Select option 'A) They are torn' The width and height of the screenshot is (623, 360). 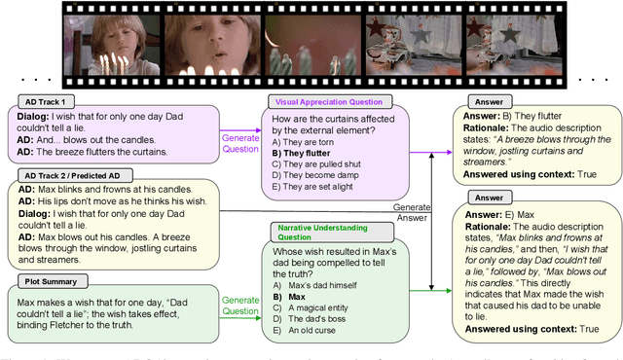tap(303, 141)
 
